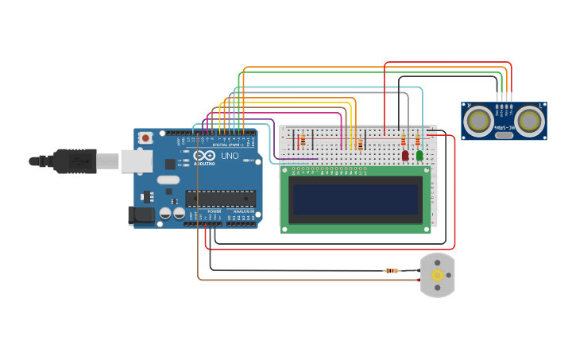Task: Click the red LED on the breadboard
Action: point(405,156)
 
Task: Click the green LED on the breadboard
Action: point(419,156)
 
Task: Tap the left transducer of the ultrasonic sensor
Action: point(479,120)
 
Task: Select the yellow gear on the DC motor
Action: point(437,275)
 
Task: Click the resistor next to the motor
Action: point(392,271)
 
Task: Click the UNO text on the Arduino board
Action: point(229,156)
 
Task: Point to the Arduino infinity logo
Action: point(204,156)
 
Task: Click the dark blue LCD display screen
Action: point(356,199)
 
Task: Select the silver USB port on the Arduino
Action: point(136,161)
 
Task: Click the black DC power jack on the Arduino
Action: point(141,215)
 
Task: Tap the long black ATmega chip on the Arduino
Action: point(221,199)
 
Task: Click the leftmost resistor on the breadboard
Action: point(302,141)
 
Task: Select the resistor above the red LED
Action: point(405,141)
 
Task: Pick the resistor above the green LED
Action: point(418,140)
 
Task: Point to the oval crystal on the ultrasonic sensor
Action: point(504,135)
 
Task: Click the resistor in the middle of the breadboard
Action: point(360,144)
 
